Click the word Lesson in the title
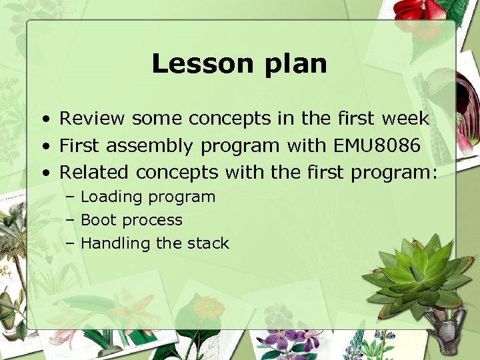(x=195, y=64)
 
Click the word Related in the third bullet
(x=94, y=172)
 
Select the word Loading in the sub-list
(x=111, y=197)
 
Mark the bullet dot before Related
(x=43, y=173)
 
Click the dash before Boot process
(x=70, y=221)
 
